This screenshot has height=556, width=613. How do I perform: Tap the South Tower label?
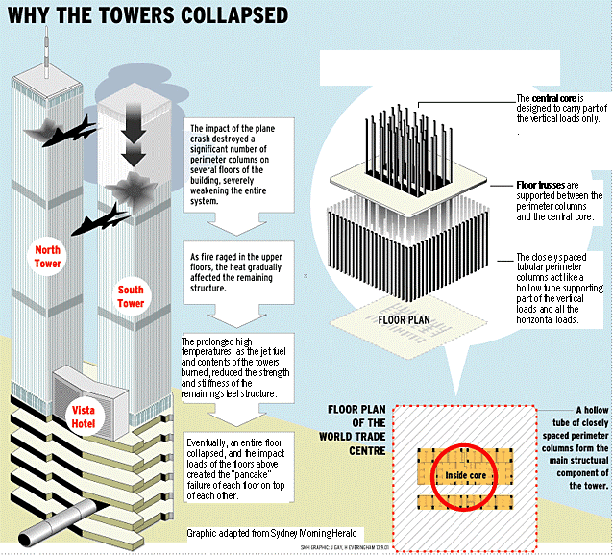[131, 296]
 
